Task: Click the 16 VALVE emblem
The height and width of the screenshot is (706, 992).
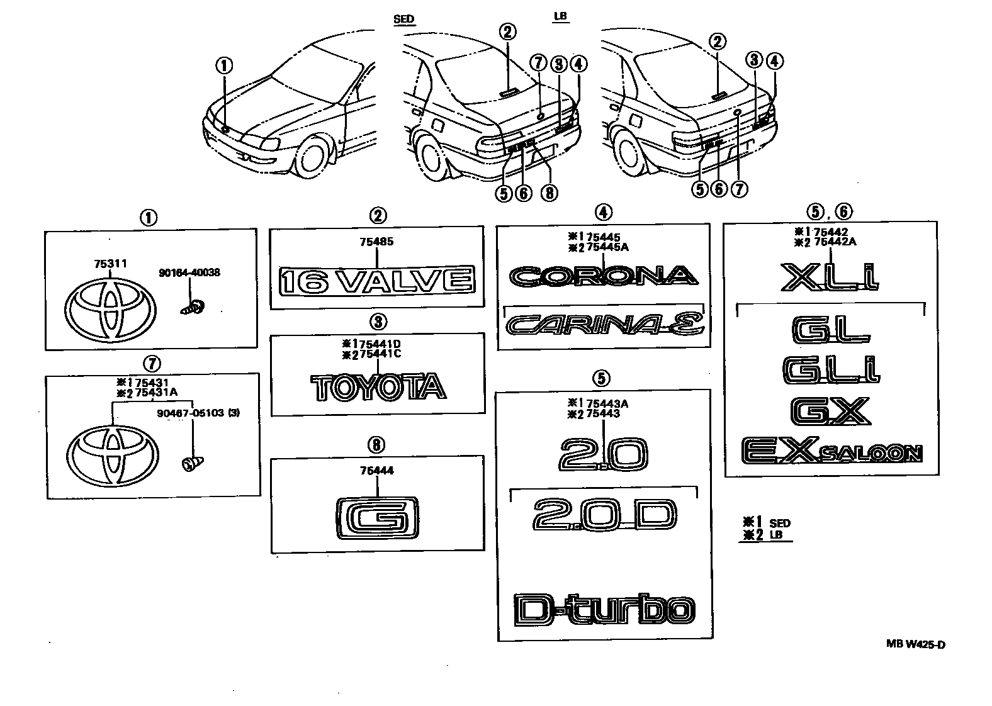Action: tap(376, 280)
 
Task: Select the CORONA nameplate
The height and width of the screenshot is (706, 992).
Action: tap(604, 276)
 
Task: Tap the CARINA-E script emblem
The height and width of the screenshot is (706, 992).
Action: tap(604, 325)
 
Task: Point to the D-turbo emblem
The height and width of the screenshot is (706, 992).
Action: tap(604, 609)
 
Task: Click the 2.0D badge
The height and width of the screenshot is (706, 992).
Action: tap(604, 515)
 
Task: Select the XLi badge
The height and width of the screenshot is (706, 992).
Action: tap(830, 277)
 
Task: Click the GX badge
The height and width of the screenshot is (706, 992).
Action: tap(830, 410)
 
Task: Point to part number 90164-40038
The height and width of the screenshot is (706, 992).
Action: tap(189, 273)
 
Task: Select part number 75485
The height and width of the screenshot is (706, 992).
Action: tap(376, 242)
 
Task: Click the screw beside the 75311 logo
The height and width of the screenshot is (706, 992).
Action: tap(193, 308)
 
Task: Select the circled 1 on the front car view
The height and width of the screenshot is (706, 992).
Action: tap(224, 65)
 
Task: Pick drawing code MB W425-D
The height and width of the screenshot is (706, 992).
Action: tap(916, 644)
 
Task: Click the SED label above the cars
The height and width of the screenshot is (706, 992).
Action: tap(403, 19)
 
